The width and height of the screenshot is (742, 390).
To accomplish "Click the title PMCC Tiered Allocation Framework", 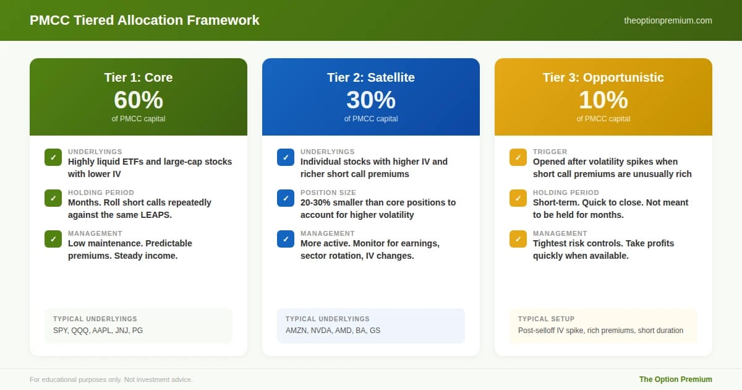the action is pos(145,20).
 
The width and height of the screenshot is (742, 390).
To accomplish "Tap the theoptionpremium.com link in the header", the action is pos(668,20).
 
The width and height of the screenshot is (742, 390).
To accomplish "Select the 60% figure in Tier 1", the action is pos(139,100).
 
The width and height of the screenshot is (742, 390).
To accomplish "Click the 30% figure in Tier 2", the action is pos(371,100).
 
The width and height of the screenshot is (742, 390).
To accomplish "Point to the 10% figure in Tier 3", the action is pos(603,100).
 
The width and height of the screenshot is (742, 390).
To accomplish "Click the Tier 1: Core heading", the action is pos(139,77).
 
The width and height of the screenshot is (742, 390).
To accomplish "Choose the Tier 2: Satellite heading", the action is pos(371,77).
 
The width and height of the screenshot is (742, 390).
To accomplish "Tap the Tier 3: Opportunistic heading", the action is pos(603,77).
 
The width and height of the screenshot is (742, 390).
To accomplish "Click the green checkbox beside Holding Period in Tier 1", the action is pos(53,198).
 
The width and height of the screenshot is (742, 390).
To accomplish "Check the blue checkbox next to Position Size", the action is pos(286,198).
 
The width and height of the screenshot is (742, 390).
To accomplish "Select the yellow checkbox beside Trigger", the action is pos(518,157).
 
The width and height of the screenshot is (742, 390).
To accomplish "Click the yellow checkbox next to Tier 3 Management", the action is pos(518,239).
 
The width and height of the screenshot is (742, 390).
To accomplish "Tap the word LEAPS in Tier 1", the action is pos(156,215).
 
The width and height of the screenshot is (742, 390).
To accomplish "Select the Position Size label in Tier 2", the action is pos(328,193).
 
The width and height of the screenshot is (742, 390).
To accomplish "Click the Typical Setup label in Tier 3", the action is pos(546,319).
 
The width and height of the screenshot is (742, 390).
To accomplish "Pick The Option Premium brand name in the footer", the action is pos(675,379).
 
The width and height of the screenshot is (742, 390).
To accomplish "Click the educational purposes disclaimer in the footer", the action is pos(111,379).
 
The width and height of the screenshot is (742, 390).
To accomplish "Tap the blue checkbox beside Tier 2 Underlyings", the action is pos(286,157).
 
